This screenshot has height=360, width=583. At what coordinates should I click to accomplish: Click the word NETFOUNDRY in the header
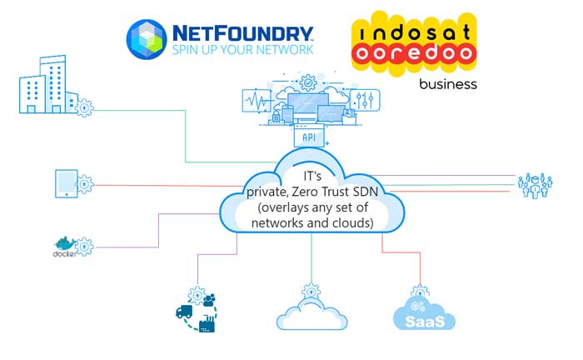(x=242, y=32)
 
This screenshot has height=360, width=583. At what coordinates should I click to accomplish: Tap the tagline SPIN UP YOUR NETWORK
(x=242, y=50)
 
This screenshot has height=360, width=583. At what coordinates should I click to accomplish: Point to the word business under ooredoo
(x=448, y=84)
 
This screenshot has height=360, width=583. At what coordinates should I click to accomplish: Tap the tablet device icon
(x=66, y=183)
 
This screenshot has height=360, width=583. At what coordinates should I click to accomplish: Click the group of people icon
(x=535, y=185)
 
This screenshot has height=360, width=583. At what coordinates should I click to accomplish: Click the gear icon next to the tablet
(x=85, y=182)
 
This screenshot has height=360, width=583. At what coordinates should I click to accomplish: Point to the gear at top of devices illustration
(x=308, y=82)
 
